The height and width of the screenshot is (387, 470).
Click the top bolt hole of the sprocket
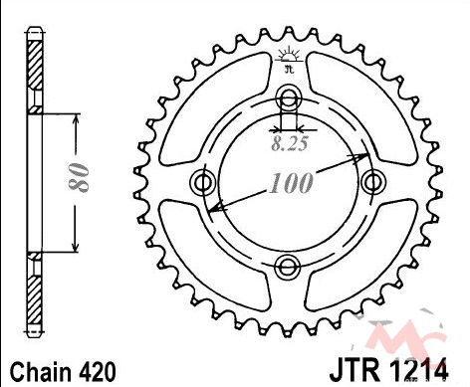288,97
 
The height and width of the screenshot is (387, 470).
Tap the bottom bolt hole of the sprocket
288,267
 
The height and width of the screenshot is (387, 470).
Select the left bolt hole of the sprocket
203,182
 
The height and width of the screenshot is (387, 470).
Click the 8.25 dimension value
290,144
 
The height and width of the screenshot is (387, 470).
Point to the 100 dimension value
291,183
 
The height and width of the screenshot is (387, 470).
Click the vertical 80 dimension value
79,177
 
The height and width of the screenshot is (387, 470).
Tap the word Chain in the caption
41,372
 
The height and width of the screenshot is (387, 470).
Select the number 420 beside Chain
97,372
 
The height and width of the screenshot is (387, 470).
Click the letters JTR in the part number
354,371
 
